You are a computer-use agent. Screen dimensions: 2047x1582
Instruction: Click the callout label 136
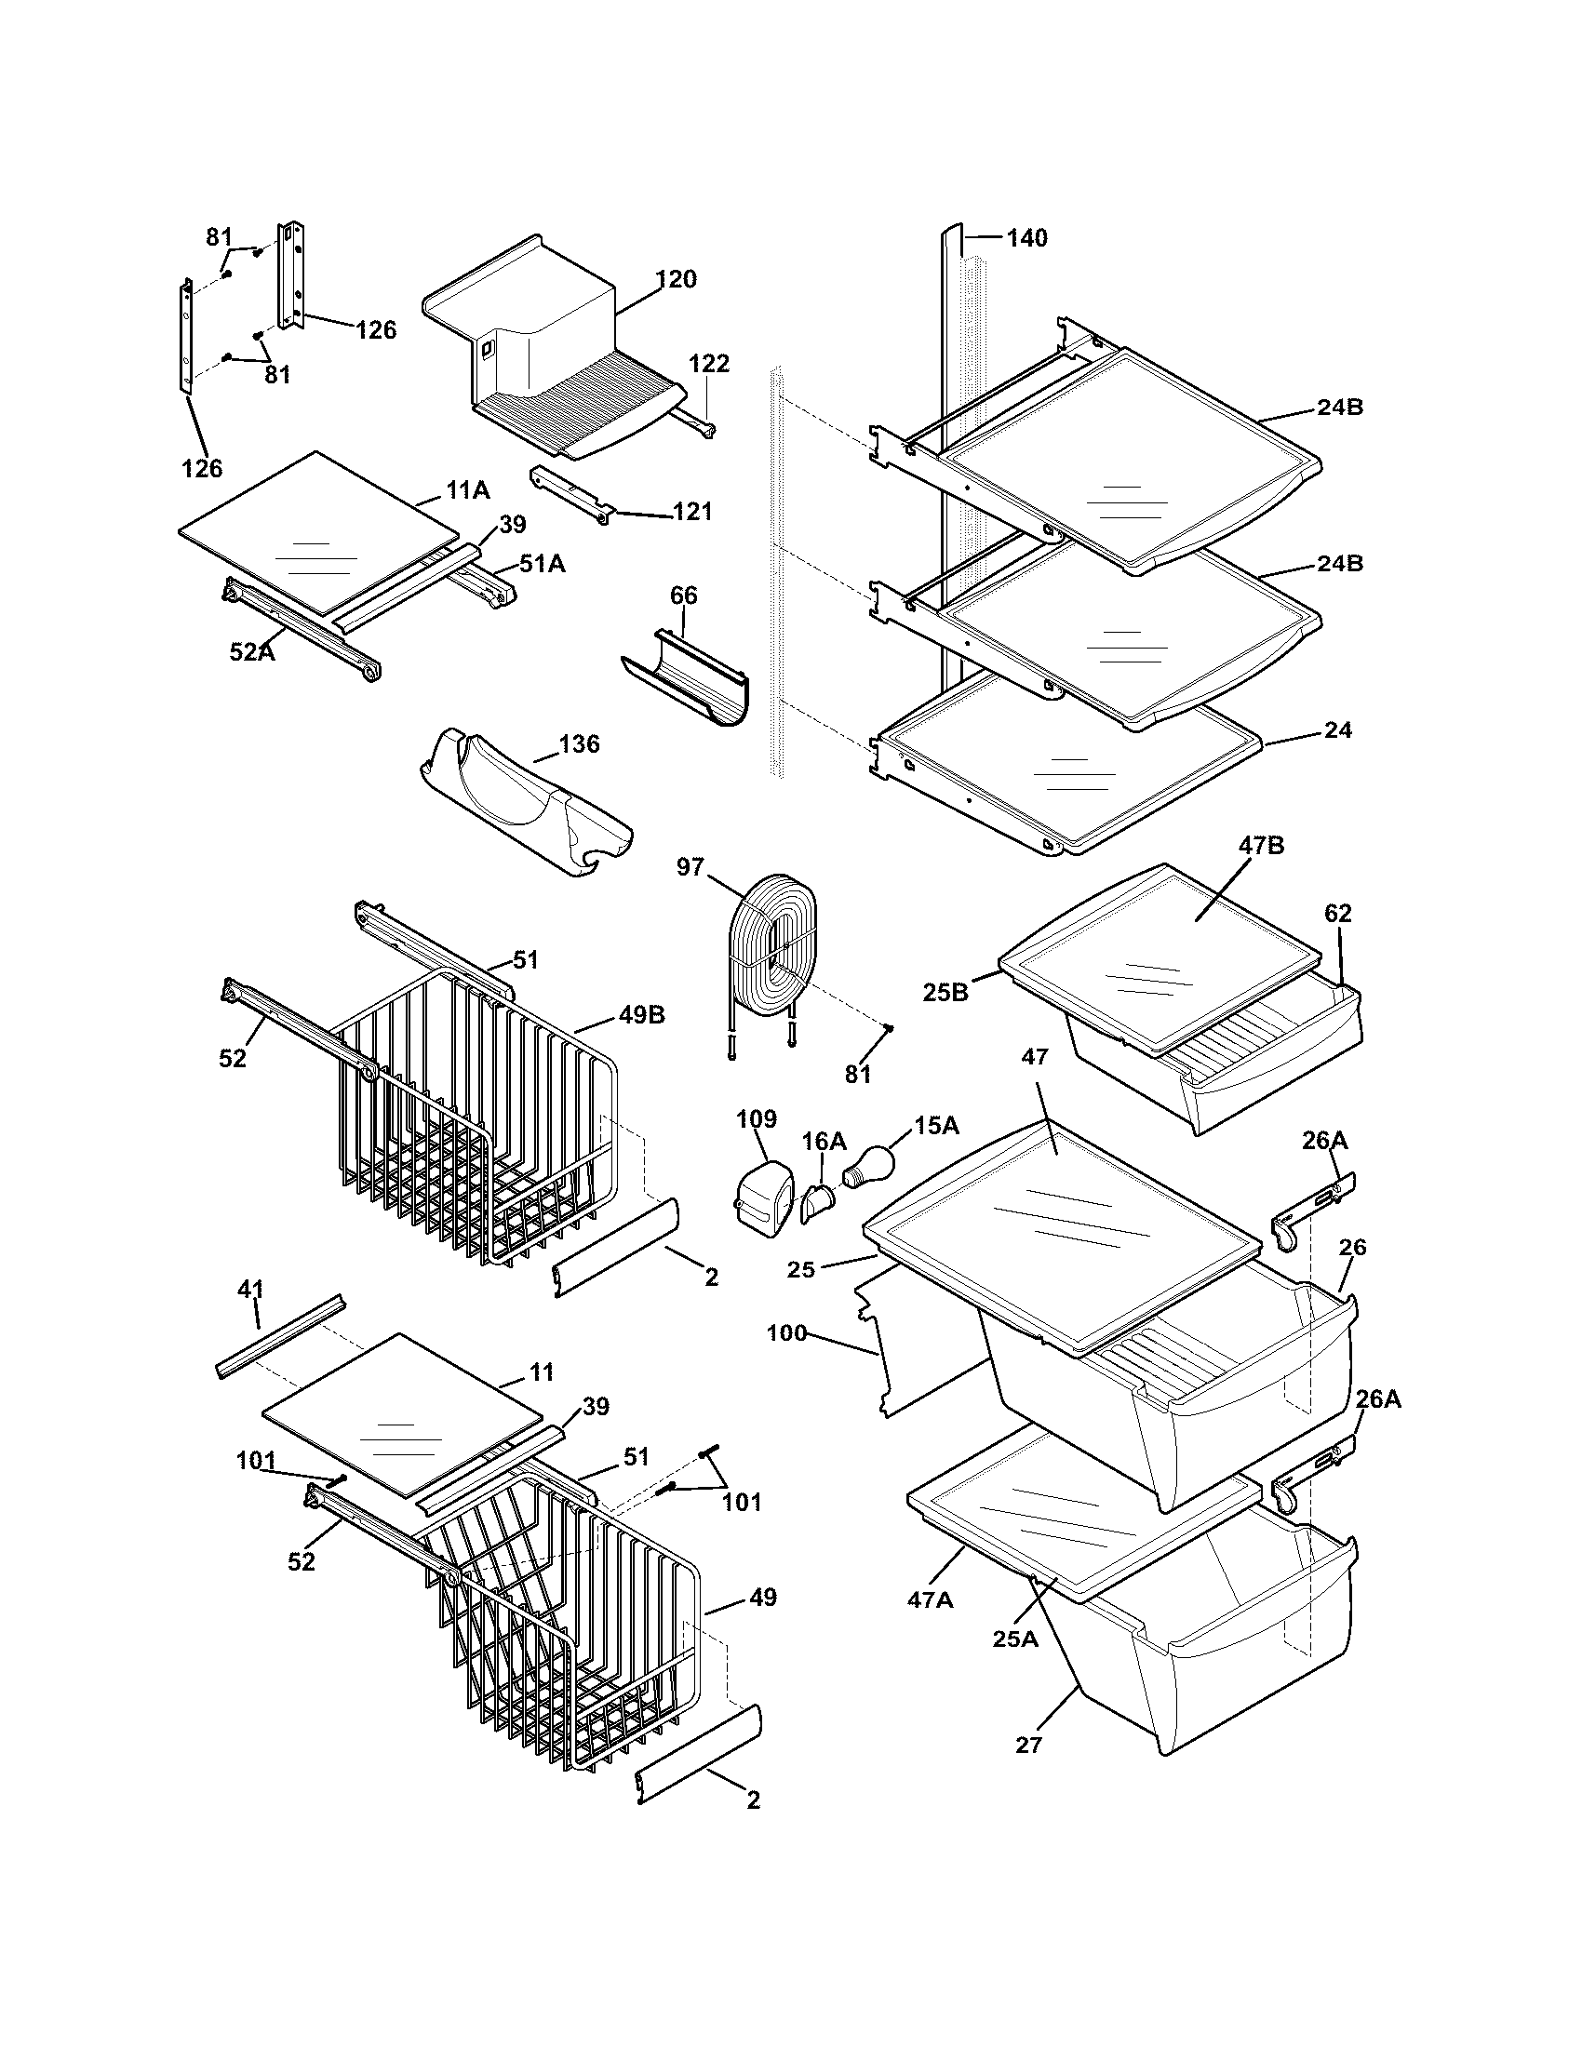(x=579, y=744)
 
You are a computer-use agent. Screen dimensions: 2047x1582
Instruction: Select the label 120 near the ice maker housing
(x=676, y=279)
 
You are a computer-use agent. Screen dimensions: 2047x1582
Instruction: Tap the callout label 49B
(x=641, y=1015)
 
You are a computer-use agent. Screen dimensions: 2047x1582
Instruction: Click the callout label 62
(x=1338, y=913)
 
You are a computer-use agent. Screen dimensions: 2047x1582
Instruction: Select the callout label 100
(x=786, y=1331)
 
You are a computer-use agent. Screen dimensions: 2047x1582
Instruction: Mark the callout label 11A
(x=468, y=489)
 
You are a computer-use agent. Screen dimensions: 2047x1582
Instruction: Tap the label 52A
(x=252, y=651)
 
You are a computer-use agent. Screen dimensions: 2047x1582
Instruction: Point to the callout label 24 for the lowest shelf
(x=1338, y=729)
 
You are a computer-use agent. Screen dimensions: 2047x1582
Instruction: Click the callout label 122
(x=709, y=364)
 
